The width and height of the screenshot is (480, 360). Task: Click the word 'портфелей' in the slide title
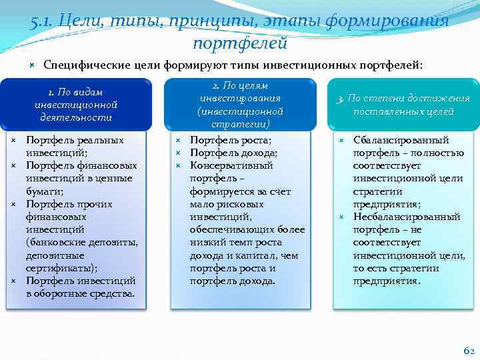[x=240, y=43]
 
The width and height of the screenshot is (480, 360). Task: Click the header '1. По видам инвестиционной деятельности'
[x=75, y=105]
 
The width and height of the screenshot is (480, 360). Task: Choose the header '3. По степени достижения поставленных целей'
[x=403, y=105]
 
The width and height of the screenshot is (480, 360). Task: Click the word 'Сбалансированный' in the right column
[x=401, y=141]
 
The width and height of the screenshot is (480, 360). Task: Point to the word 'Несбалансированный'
[x=407, y=217]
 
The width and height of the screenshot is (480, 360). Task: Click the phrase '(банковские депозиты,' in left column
[x=81, y=243]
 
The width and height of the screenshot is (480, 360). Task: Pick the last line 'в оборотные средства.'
[x=80, y=293]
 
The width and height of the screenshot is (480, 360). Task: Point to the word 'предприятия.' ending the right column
[x=387, y=281]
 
